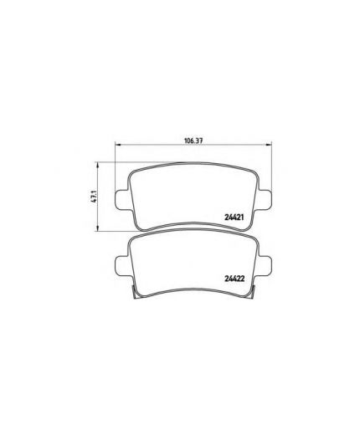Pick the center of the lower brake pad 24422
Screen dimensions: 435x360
193,264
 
